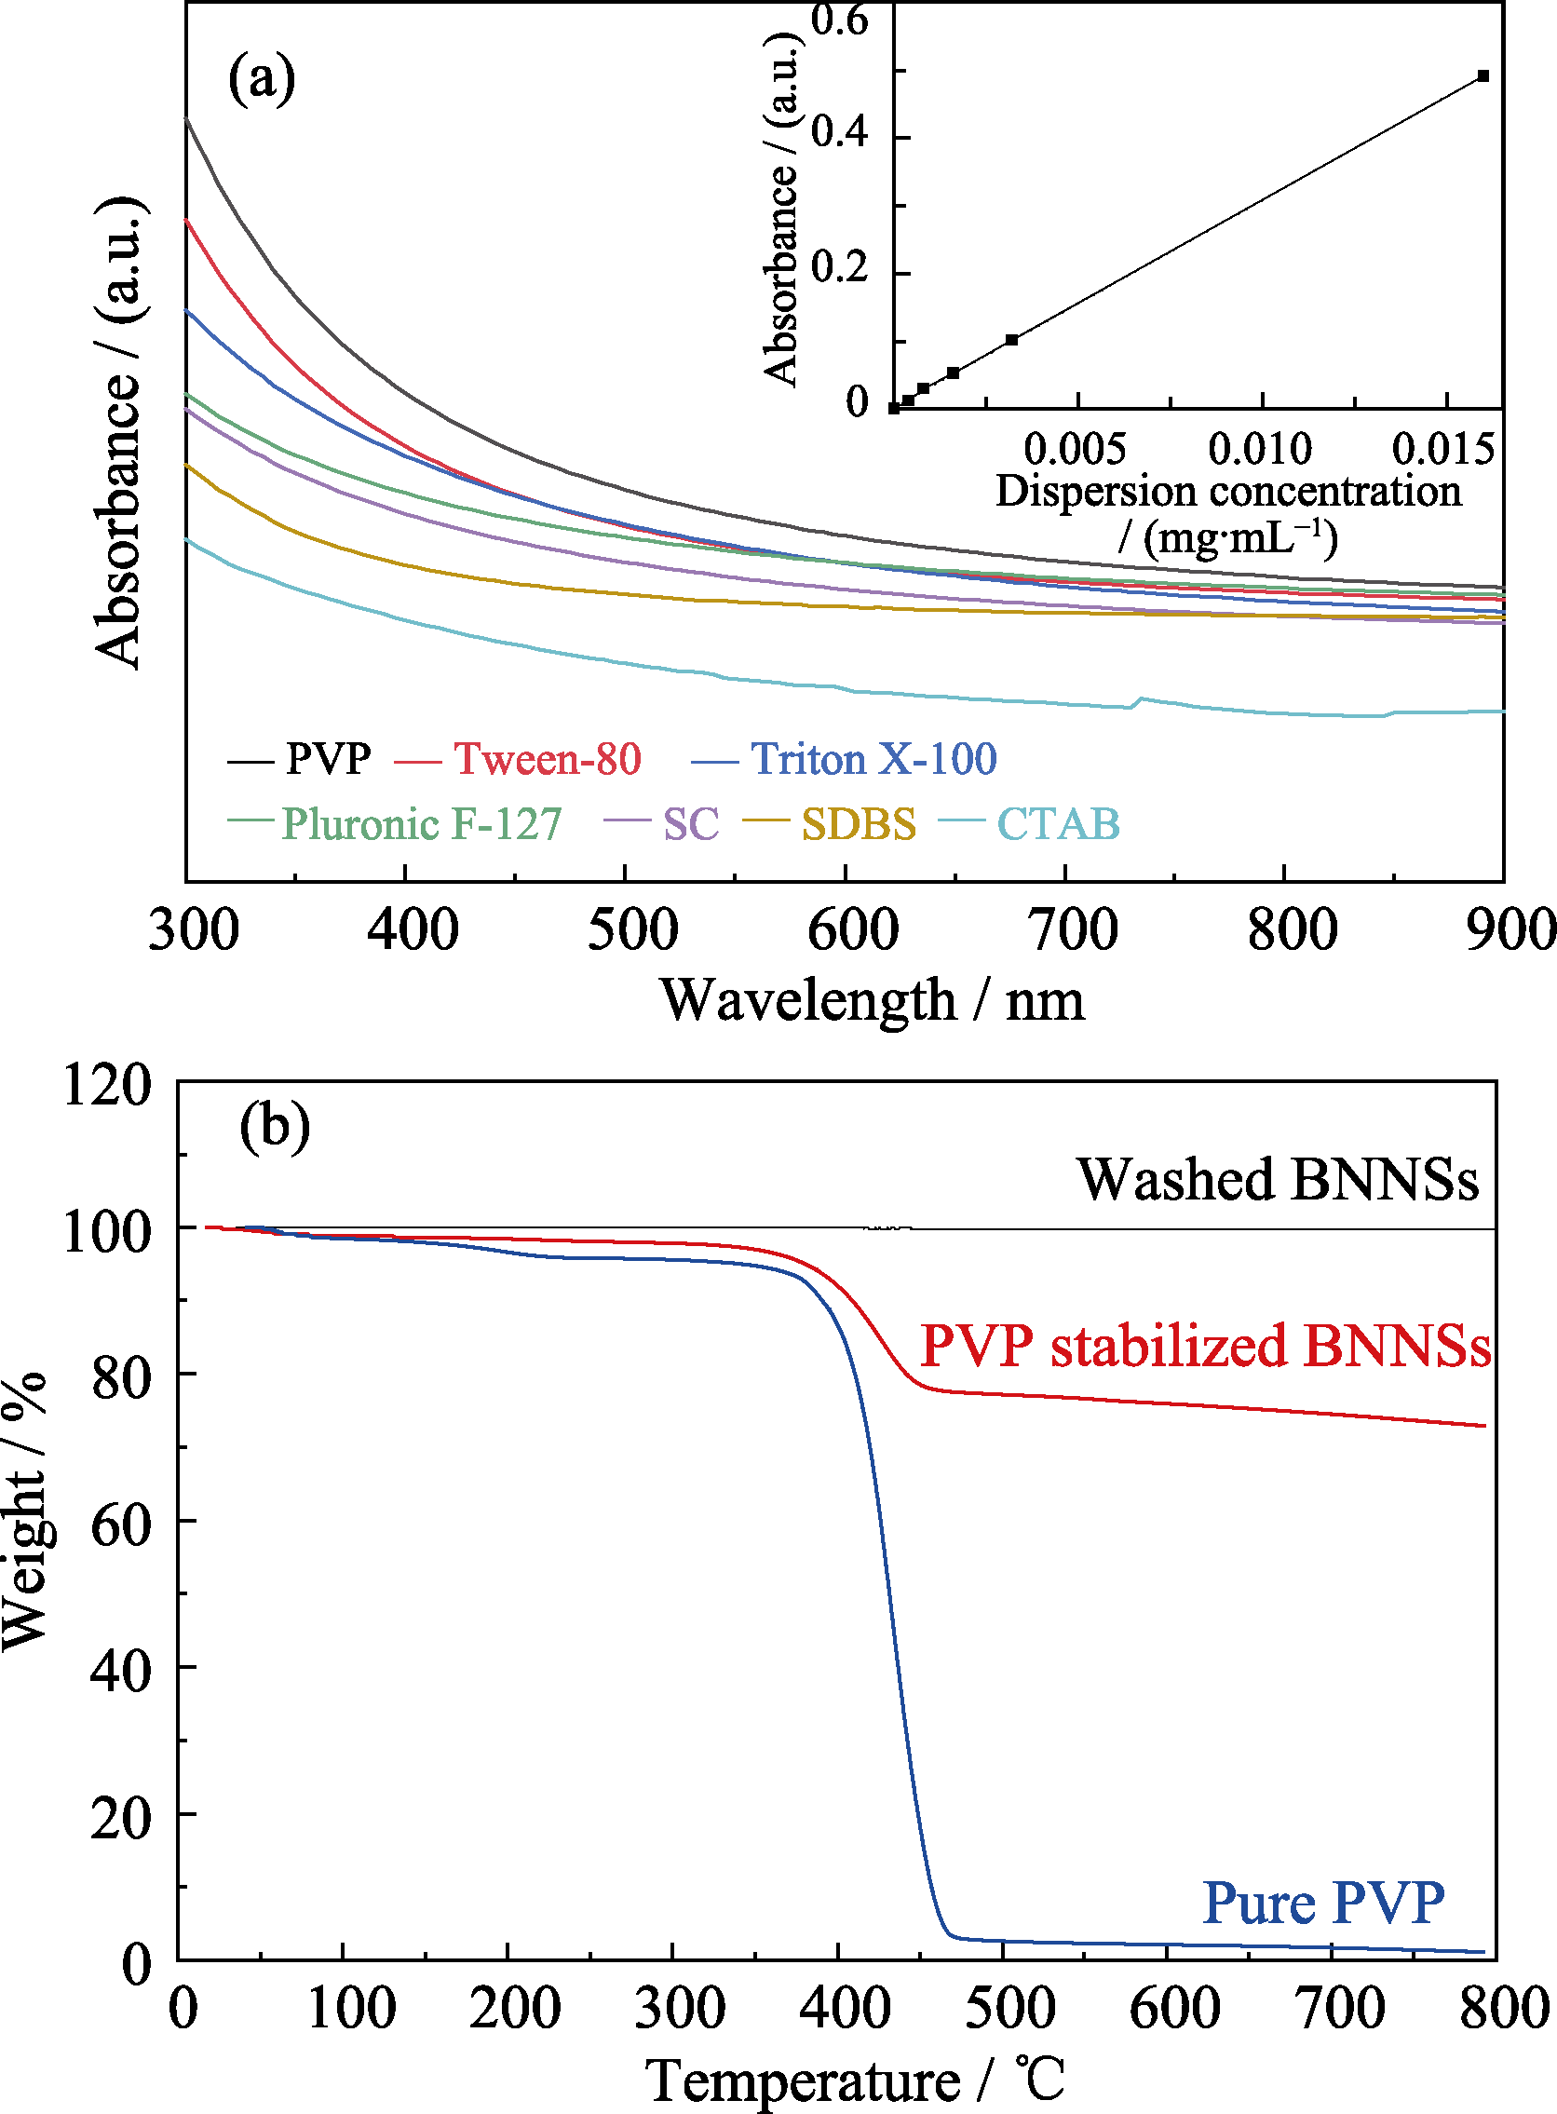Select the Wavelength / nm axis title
coord(872,1000)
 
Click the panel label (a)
coord(261,79)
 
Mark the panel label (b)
coord(275,1125)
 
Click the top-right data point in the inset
coord(1483,76)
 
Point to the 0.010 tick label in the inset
coord(1260,449)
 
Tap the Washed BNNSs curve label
coord(1278,1179)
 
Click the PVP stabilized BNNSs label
coord(1205,1346)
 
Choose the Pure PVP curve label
coord(1323,1903)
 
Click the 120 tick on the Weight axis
coord(106,1084)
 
